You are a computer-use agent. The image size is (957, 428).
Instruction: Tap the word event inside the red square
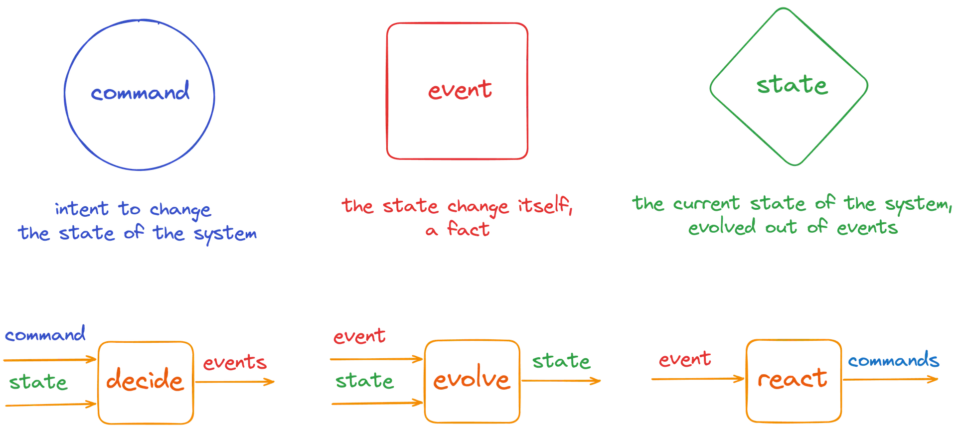point(460,90)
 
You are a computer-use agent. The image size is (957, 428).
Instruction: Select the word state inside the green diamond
point(792,85)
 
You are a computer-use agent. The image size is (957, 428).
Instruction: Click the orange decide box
point(146,381)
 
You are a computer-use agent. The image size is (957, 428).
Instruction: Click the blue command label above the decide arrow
point(45,334)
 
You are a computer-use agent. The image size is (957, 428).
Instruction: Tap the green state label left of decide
point(38,383)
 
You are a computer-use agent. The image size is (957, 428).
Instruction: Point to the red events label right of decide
point(234,363)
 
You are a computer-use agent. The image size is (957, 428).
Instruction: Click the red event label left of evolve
point(359,337)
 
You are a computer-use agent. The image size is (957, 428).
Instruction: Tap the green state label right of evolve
point(561,361)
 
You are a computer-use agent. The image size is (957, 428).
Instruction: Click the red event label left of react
point(685,360)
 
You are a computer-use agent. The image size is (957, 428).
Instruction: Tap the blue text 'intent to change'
point(133,210)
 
